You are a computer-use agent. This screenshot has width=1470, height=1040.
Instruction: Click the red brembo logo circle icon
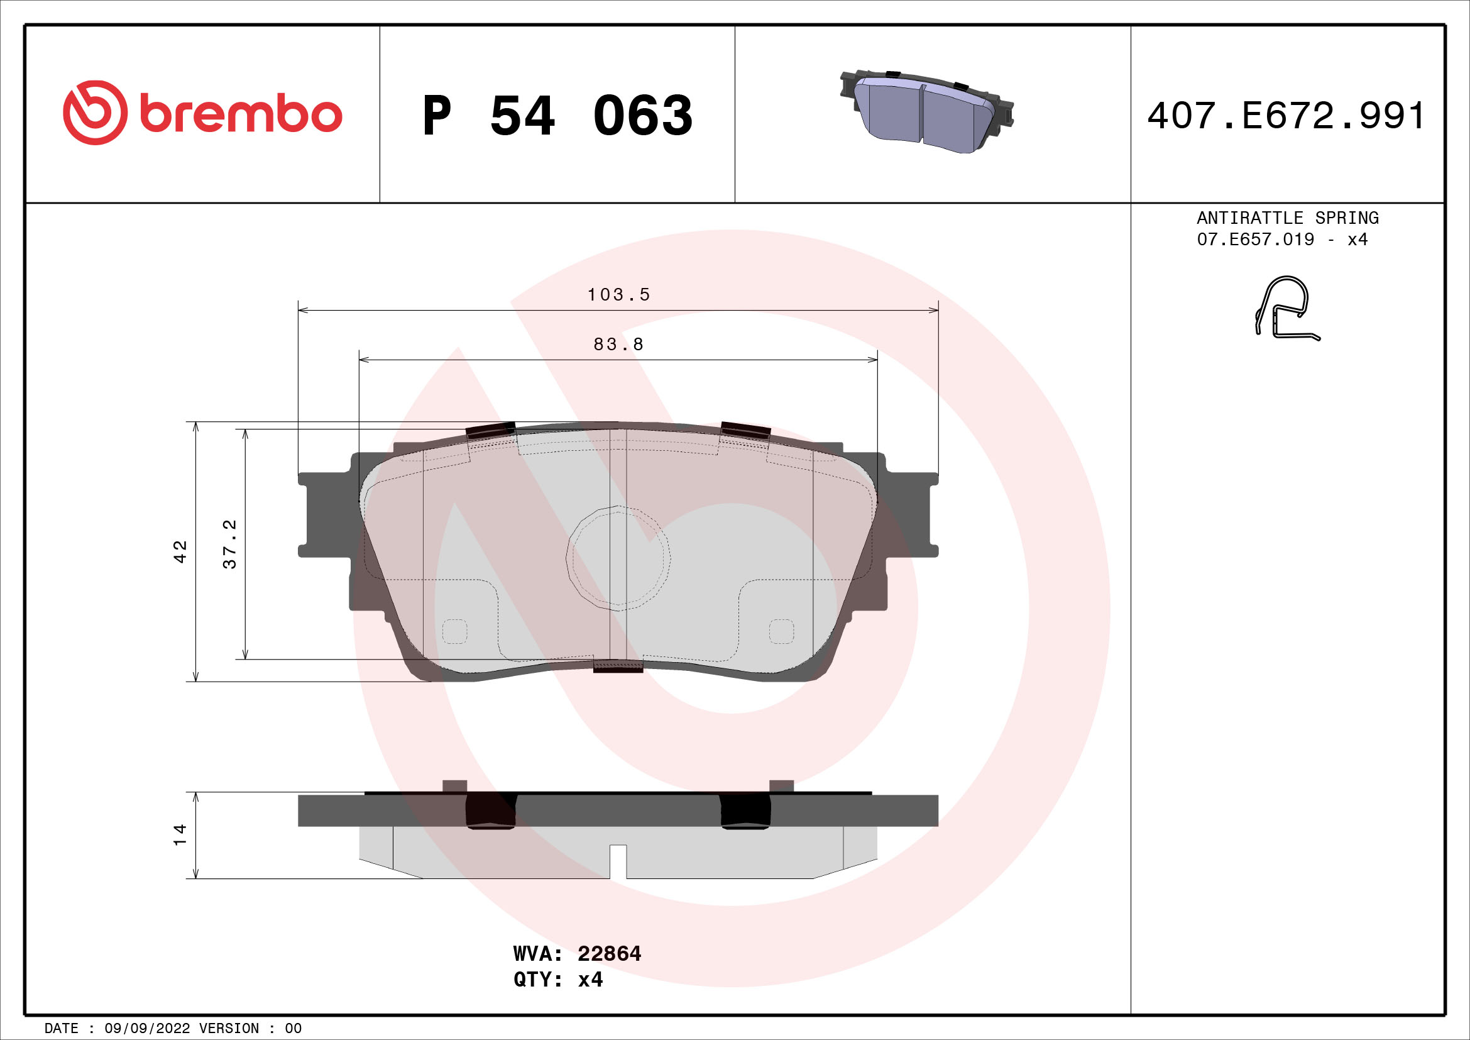[x=95, y=113]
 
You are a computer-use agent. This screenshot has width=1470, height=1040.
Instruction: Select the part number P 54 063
[x=557, y=116]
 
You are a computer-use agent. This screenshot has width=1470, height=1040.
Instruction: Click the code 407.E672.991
[x=1286, y=116]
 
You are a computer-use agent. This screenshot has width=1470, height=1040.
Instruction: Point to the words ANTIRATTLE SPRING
[x=1288, y=218]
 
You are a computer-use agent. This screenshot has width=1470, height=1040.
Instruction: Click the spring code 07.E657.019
[x=1255, y=240]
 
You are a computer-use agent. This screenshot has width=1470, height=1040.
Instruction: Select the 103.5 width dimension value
[x=618, y=294]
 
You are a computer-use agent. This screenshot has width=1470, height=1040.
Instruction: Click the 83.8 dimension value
[x=618, y=345]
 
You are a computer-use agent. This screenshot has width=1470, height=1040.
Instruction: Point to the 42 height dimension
[x=180, y=551]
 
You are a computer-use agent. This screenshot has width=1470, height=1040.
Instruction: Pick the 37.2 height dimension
[x=229, y=545]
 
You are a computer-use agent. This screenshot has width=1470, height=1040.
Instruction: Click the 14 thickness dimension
[x=180, y=834]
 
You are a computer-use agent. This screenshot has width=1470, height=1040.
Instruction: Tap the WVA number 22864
[x=608, y=954]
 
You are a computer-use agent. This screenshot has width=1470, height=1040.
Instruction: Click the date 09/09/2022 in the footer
[x=146, y=1028]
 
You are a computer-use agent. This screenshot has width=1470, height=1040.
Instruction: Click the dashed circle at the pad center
[x=618, y=558]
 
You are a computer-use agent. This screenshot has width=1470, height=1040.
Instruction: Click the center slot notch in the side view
[x=618, y=861]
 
